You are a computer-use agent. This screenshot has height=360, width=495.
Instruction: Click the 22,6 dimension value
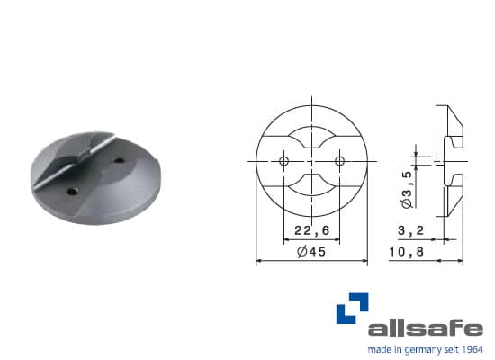pos(310,231)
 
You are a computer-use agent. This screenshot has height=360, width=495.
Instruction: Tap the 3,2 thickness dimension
pos(410,231)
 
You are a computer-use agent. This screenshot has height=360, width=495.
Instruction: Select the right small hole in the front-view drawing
pos(339,160)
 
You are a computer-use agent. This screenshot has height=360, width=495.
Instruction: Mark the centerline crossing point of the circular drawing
pos(310,160)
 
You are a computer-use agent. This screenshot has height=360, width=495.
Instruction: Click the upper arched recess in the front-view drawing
pos(310,135)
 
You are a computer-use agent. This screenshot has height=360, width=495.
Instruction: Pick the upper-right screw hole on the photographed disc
pos(121,162)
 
